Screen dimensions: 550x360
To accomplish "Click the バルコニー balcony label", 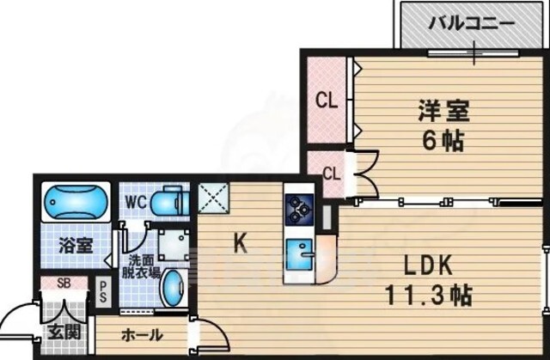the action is [472, 24].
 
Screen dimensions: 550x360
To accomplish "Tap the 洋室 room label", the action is [443, 111].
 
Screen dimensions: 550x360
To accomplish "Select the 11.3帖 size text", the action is [428, 296].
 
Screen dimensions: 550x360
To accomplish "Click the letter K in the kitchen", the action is [241, 243].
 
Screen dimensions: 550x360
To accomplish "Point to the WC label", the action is [136, 202].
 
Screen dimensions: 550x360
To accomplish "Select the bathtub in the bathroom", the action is [76, 202].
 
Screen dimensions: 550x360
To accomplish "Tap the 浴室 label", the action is [76, 246].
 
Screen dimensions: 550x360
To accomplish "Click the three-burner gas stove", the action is [299, 210].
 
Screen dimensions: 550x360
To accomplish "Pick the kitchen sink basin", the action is [299, 254].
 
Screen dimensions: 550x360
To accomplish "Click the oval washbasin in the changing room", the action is [173, 288].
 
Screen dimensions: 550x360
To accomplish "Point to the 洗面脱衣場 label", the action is [141, 266].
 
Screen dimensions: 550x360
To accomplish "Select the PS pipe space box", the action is [103, 292].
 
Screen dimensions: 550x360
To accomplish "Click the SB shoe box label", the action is [64, 284].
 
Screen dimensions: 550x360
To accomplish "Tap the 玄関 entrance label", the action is [64, 332].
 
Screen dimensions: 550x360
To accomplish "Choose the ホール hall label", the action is [142, 335].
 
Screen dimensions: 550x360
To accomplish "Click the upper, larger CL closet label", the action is [327, 101].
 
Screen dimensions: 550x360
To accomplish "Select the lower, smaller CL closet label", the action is [332, 174].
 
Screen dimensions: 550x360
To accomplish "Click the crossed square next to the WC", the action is [213, 198].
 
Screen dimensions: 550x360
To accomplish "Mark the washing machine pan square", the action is [174, 245].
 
